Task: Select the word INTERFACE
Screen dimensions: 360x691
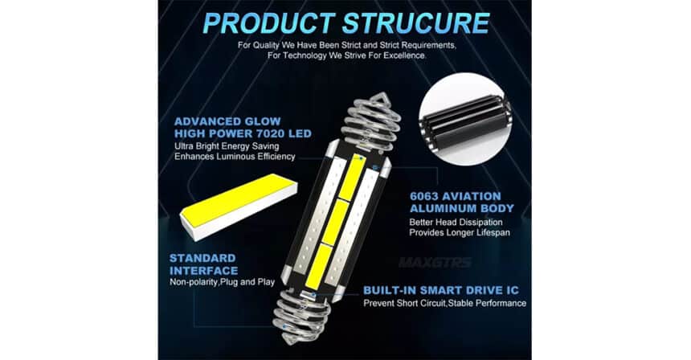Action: coord(204,271)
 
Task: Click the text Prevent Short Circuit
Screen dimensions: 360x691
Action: coord(404,303)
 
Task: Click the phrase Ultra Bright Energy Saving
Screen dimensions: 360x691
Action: coord(230,146)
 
